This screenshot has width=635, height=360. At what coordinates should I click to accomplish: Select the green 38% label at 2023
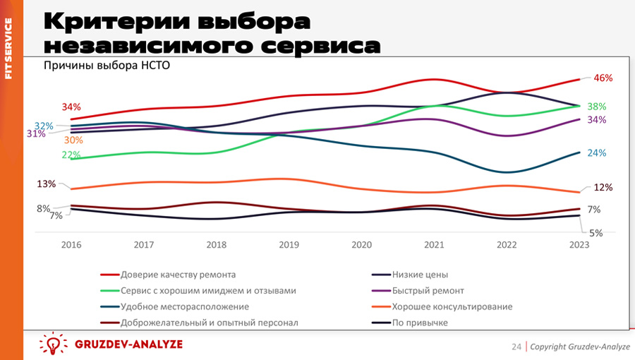[x=597, y=107]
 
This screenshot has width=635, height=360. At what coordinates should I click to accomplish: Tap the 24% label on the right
[x=597, y=153]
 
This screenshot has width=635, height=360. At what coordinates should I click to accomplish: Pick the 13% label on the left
[x=47, y=184]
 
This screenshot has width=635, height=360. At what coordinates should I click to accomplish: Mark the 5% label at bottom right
[x=595, y=232]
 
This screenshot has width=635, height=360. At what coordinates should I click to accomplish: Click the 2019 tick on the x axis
[x=289, y=244]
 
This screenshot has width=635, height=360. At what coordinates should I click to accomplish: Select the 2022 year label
[x=506, y=244]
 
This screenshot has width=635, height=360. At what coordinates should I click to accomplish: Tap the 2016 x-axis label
[x=71, y=244]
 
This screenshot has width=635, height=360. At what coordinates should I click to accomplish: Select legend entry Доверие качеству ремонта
[x=178, y=275]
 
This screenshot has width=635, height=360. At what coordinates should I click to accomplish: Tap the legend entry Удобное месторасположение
[x=185, y=307]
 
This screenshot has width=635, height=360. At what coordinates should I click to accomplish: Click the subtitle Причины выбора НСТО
[x=107, y=66]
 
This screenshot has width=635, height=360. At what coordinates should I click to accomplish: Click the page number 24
[x=516, y=347]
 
